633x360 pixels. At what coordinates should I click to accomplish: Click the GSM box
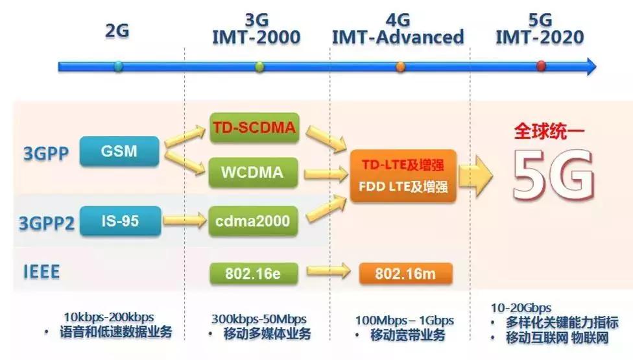click(x=119, y=152)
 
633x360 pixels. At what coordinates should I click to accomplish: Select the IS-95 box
click(x=120, y=221)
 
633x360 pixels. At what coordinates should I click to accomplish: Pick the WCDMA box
click(x=254, y=173)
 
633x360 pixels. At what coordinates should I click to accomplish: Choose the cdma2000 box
click(x=254, y=221)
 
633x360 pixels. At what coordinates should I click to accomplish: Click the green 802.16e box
click(x=253, y=273)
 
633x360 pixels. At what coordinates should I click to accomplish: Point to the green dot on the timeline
click(x=259, y=66)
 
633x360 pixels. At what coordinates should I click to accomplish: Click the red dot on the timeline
click(x=542, y=66)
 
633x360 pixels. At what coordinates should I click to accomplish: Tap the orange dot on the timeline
click(x=400, y=66)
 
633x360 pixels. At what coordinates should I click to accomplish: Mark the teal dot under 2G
click(x=117, y=66)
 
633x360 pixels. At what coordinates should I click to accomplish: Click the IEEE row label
click(x=42, y=272)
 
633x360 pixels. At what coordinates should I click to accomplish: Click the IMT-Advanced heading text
click(x=398, y=37)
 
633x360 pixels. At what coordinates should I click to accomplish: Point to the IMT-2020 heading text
click(x=540, y=37)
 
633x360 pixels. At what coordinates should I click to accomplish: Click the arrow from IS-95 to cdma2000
click(x=183, y=221)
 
